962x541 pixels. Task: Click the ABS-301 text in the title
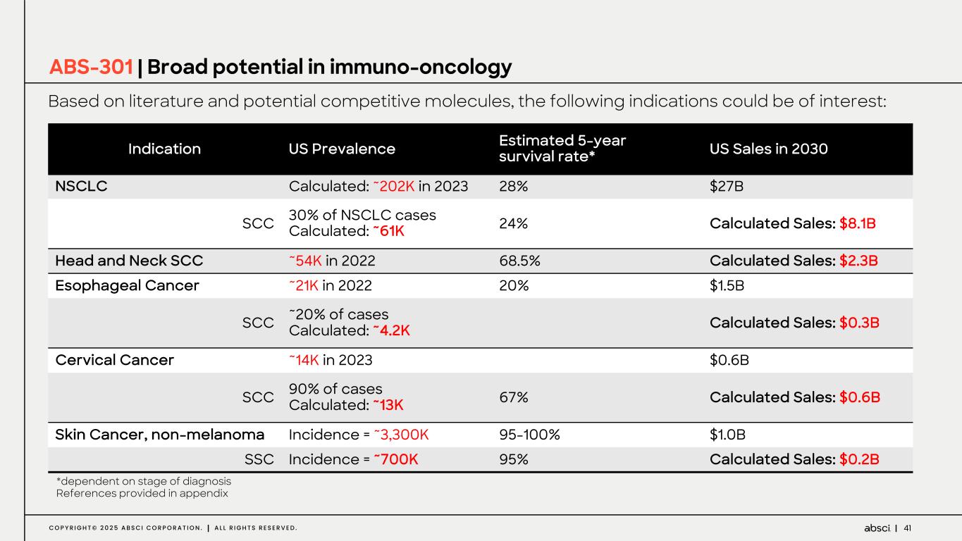pos(91,67)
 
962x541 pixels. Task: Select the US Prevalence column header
pos(342,149)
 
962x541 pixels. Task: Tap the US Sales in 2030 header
pos(768,149)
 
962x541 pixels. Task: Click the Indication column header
pos(164,149)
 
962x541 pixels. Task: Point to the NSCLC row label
pos(81,186)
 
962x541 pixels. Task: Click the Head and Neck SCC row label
pos(129,261)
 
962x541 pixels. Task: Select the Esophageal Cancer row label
pos(127,285)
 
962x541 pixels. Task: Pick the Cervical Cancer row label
pos(114,360)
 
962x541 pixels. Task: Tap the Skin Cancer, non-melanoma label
pos(159,434)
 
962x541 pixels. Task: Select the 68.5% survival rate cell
pos(519,261)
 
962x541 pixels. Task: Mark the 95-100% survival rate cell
pos(529,434)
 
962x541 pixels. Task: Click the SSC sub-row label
pos(259,459)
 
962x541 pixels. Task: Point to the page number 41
pos(908,528)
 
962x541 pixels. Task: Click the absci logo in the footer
pos(877,528)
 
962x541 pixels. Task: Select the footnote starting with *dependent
pos(144,481)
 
